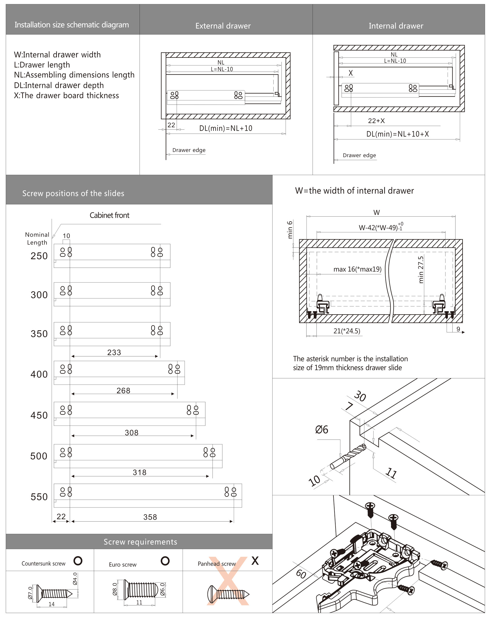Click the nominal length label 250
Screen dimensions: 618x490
click(39, 256)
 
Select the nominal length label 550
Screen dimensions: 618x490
click(39, 497)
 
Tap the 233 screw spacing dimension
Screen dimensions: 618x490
click(114, 352)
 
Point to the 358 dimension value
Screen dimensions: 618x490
click(150, 517)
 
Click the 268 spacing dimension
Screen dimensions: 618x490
click(123, 390)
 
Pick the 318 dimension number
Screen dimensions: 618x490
click(139, 472)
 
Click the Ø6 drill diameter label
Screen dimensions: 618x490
click(321, 430)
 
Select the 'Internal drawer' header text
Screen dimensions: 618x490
click(396, 26)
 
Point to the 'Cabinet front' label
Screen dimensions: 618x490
click(109, 215)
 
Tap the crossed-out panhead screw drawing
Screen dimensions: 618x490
click(228, 594)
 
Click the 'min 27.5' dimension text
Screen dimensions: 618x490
click(420, 270)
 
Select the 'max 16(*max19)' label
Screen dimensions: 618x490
click(357, 269)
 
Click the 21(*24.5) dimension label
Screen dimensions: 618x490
click(347, 331)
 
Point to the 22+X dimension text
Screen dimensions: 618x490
click(376, 121)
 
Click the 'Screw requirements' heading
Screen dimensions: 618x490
click(140, 542)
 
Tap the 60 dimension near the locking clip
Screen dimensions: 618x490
click(301, 574)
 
